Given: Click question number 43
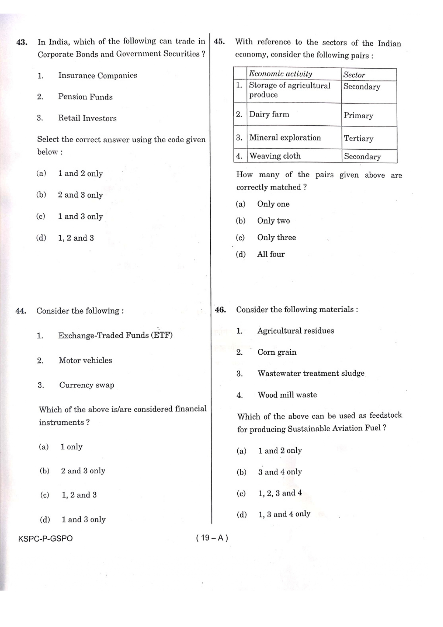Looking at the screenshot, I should (22, 42).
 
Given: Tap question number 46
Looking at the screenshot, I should (220, 310).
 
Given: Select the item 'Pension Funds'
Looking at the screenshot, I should (85, 97).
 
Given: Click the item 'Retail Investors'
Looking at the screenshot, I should (87, 118).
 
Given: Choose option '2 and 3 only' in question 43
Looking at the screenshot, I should (80, 195).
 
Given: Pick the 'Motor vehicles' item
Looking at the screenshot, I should (85, 360).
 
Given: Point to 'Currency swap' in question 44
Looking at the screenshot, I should (87, 385).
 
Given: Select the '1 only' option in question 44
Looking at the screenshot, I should (71, 447).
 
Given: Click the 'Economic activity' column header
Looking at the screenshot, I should (281, 74).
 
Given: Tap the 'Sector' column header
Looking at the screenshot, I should (354, 75).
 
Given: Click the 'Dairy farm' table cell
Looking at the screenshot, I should (269, 115).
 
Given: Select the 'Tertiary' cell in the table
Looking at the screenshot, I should (358, 138).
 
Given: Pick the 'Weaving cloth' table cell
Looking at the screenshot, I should (275, 156).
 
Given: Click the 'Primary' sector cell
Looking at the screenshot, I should (358, 116).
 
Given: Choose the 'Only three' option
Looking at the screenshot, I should (276, 238).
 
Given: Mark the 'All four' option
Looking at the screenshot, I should (271, 254).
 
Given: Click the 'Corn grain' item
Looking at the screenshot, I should (277, 352).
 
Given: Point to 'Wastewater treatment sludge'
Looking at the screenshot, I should (311, 373).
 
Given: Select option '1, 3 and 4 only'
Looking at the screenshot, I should (284, 514).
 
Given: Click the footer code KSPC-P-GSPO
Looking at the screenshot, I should (45, 538).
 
